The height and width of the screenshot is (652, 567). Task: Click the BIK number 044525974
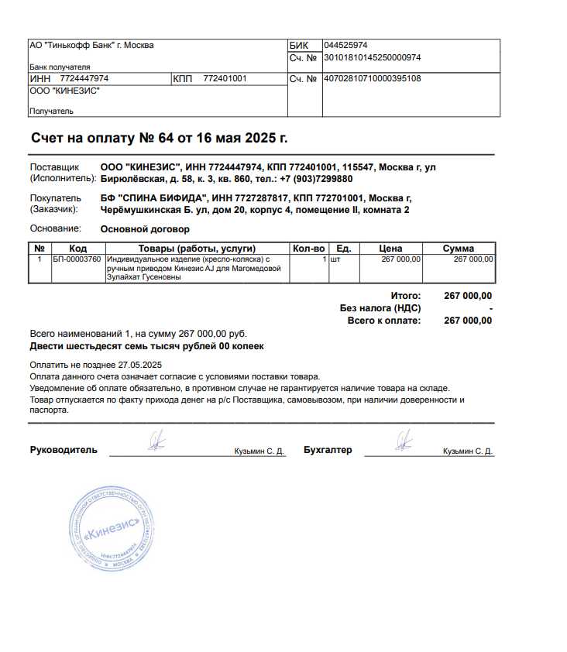point(345,45)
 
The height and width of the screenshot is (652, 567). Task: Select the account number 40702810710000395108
point(372,78)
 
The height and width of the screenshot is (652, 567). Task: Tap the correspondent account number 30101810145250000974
point(372,57)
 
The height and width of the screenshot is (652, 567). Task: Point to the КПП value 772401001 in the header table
point(225,79)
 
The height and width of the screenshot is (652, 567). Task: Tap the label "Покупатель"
point(55,198)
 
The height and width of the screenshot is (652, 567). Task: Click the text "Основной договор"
point(145,229)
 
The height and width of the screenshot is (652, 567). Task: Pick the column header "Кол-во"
point(308,249)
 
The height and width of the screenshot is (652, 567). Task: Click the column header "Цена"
point(390,249)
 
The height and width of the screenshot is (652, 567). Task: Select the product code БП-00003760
point(77,259)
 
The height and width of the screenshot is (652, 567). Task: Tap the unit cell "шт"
point(335,259)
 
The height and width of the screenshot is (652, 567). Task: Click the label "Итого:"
point(405,296)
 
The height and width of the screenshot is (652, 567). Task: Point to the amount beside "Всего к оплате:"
point(467,321)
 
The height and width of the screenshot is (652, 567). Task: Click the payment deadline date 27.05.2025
point(141,364)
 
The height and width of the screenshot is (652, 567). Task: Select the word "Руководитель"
point(64,450)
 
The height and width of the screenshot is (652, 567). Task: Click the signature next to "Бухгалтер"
point(403,442)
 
